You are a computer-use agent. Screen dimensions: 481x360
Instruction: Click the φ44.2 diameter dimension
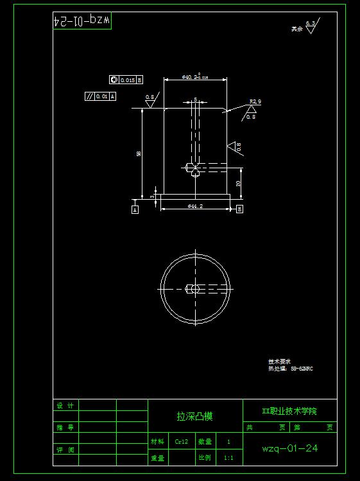[x=195, y=206]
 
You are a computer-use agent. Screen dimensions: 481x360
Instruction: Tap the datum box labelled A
[x=135, y=209]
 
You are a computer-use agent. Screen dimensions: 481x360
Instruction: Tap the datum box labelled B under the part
[x=239, y=209]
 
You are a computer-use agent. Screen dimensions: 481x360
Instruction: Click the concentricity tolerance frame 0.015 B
[x=126, y=80]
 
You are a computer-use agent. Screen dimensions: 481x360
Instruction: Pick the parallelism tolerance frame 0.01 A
[x=101, y=96]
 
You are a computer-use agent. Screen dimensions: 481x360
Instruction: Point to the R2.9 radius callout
[x=255, y=101]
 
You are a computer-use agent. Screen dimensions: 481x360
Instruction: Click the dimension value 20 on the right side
[x=239, y=183]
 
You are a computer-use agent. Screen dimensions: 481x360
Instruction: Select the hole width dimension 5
[x=195, y=100]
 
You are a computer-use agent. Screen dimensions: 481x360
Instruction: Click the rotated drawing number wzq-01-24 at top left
[x=82, y=21]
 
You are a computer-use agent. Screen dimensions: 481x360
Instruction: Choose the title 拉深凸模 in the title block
[x=195, y=416]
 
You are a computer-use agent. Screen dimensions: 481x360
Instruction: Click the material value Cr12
[x=182, y=442]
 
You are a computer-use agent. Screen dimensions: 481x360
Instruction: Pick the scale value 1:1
[x=228, y=458]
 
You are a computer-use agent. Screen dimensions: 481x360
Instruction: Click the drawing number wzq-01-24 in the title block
[x=290, y=448]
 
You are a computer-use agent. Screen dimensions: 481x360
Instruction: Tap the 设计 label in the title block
[x=65, y=406]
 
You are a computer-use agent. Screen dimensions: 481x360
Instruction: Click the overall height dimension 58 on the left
[x=139, y=154]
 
